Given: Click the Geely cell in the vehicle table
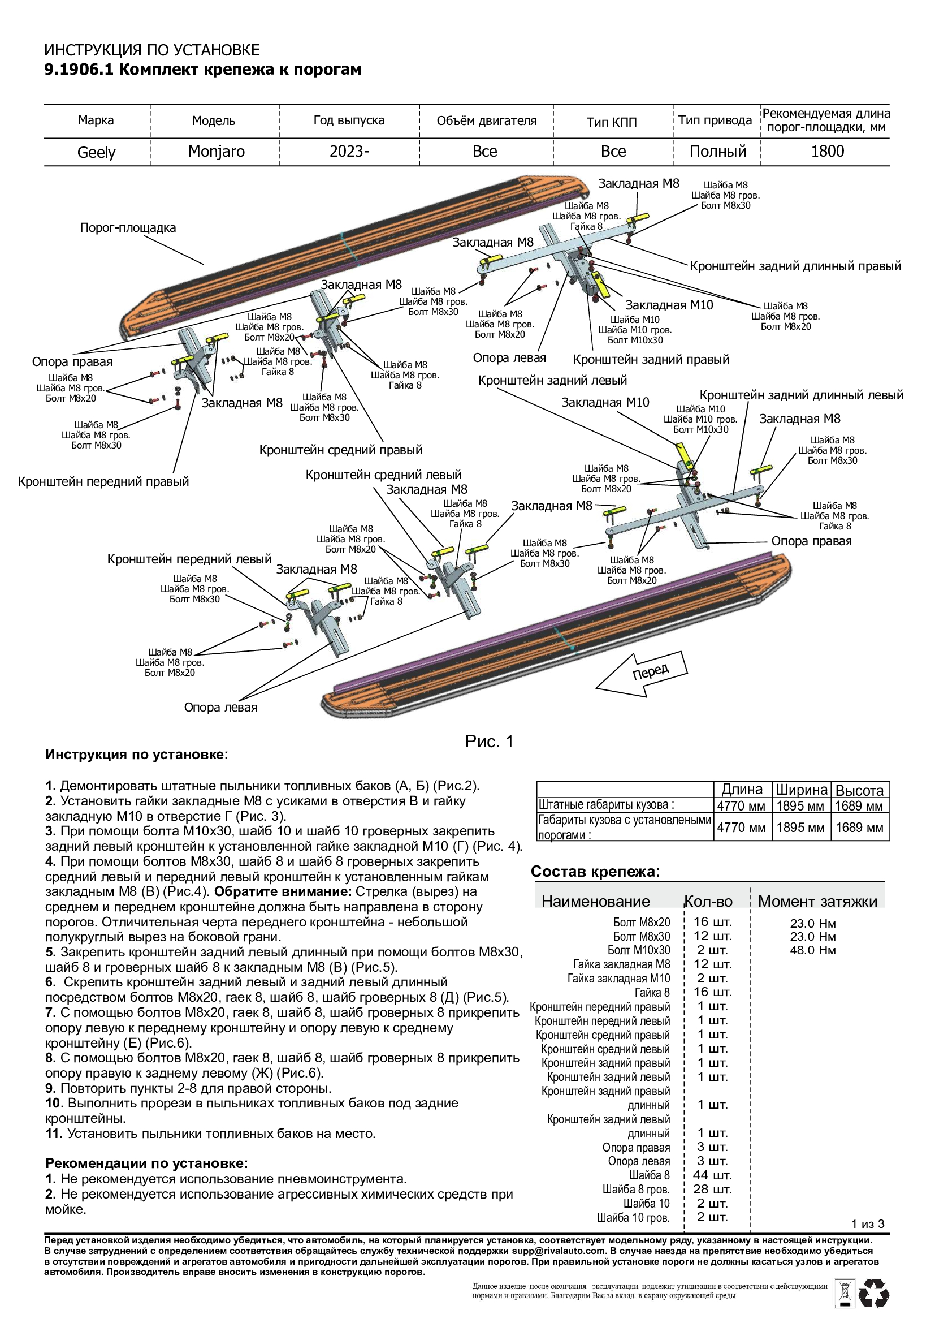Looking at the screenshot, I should [97, 152].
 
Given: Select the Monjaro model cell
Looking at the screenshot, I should [216, 152].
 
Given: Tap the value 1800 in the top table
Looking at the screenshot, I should [827, 152].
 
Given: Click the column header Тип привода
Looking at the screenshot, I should [715, 120].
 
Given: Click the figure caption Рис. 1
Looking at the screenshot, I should [489, 742].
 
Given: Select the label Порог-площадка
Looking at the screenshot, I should [128, 227].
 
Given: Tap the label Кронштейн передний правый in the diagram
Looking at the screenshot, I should [103, 482].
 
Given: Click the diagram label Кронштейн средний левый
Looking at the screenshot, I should [383, 475].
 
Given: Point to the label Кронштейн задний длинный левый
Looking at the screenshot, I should [801, 395].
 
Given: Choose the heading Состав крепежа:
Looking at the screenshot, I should [595, 872].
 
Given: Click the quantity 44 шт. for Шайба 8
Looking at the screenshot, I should [712, 1175].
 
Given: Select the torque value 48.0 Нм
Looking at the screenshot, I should [812, 950].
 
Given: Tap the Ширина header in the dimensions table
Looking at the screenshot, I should [801, 790].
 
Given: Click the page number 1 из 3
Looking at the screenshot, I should [868, 1224].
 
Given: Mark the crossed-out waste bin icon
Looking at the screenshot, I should [845, 1294].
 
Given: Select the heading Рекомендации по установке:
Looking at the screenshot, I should [146, 1163].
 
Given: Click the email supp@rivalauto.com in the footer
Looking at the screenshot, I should [558, 1251].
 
